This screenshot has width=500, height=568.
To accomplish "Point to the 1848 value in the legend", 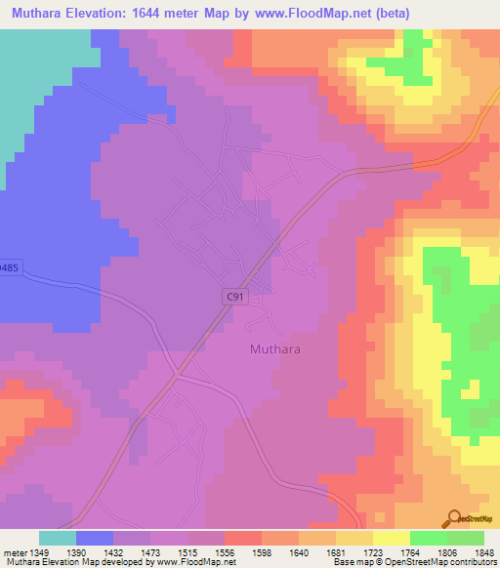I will click(x=484, y=552).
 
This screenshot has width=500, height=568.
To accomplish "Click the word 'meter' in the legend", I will click(x=17, y=552).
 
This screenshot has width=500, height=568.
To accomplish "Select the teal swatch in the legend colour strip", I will click(x=58, y=538).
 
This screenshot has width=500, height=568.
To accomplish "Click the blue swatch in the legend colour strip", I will click(x=95, y=538).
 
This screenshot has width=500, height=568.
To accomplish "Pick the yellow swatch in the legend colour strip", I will click(x=391, y=538).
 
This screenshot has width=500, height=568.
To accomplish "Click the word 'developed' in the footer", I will click(x=125, y=563).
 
